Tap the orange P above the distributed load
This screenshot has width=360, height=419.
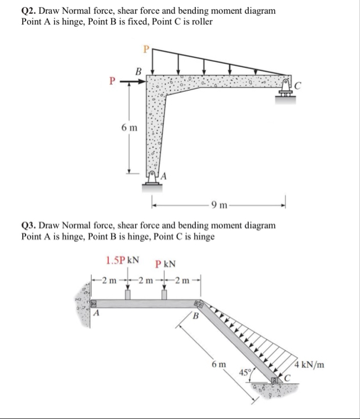[147, 49]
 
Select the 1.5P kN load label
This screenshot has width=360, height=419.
[121, 260]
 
